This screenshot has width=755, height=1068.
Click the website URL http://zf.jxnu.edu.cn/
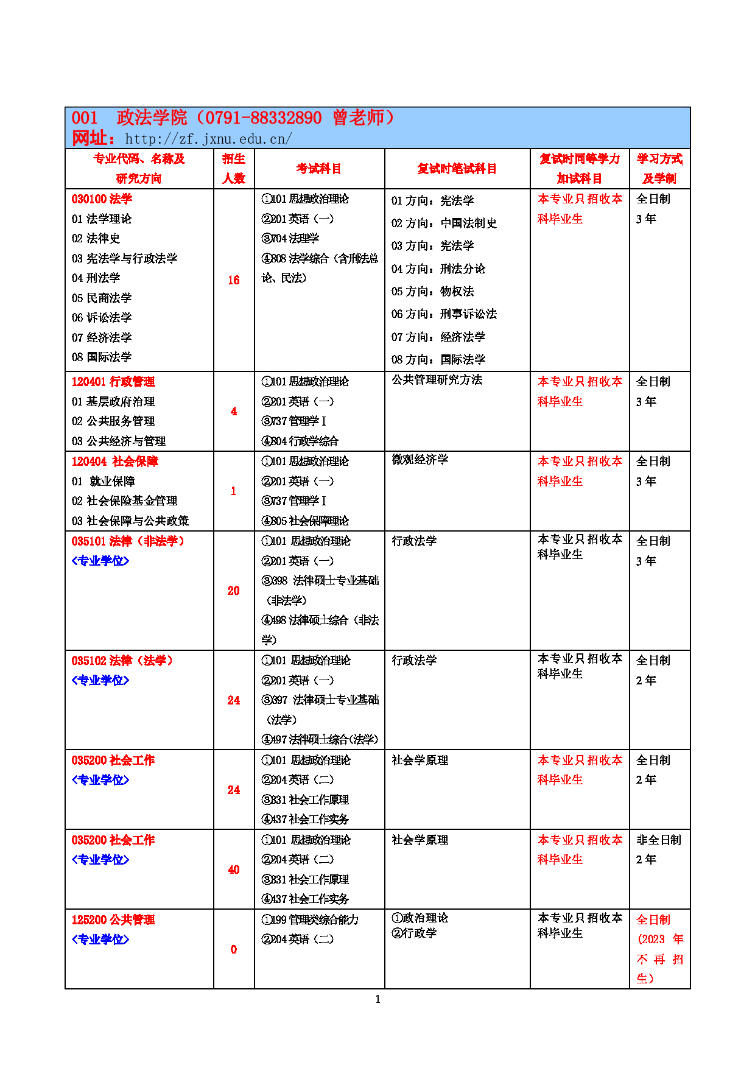[208, 139]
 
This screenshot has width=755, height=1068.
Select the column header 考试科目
[319, 169]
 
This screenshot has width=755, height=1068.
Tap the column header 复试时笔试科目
[457, 169]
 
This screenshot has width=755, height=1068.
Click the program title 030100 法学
[102, 199]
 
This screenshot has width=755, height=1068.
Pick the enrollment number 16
[234, 280]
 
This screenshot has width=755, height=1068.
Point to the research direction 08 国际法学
[102, 357]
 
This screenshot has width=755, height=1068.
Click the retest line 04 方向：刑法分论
[438, 269]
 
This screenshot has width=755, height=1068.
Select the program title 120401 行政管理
[113, 382]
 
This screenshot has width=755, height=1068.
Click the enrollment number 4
[234, 412]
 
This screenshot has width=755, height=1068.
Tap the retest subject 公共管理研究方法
[437, 380]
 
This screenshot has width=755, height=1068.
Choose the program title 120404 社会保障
[114, 462]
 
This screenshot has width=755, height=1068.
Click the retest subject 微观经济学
[420, 460]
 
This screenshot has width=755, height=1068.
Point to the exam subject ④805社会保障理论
[305, 521]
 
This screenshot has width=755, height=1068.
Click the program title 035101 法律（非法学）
[128, 541]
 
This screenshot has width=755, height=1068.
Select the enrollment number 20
[234, 591]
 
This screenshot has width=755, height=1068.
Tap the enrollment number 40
[234, 870]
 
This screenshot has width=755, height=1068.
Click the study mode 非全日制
[659, 840]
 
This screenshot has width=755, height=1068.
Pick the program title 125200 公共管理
[113, 920]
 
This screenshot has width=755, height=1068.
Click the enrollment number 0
[234, 949]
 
